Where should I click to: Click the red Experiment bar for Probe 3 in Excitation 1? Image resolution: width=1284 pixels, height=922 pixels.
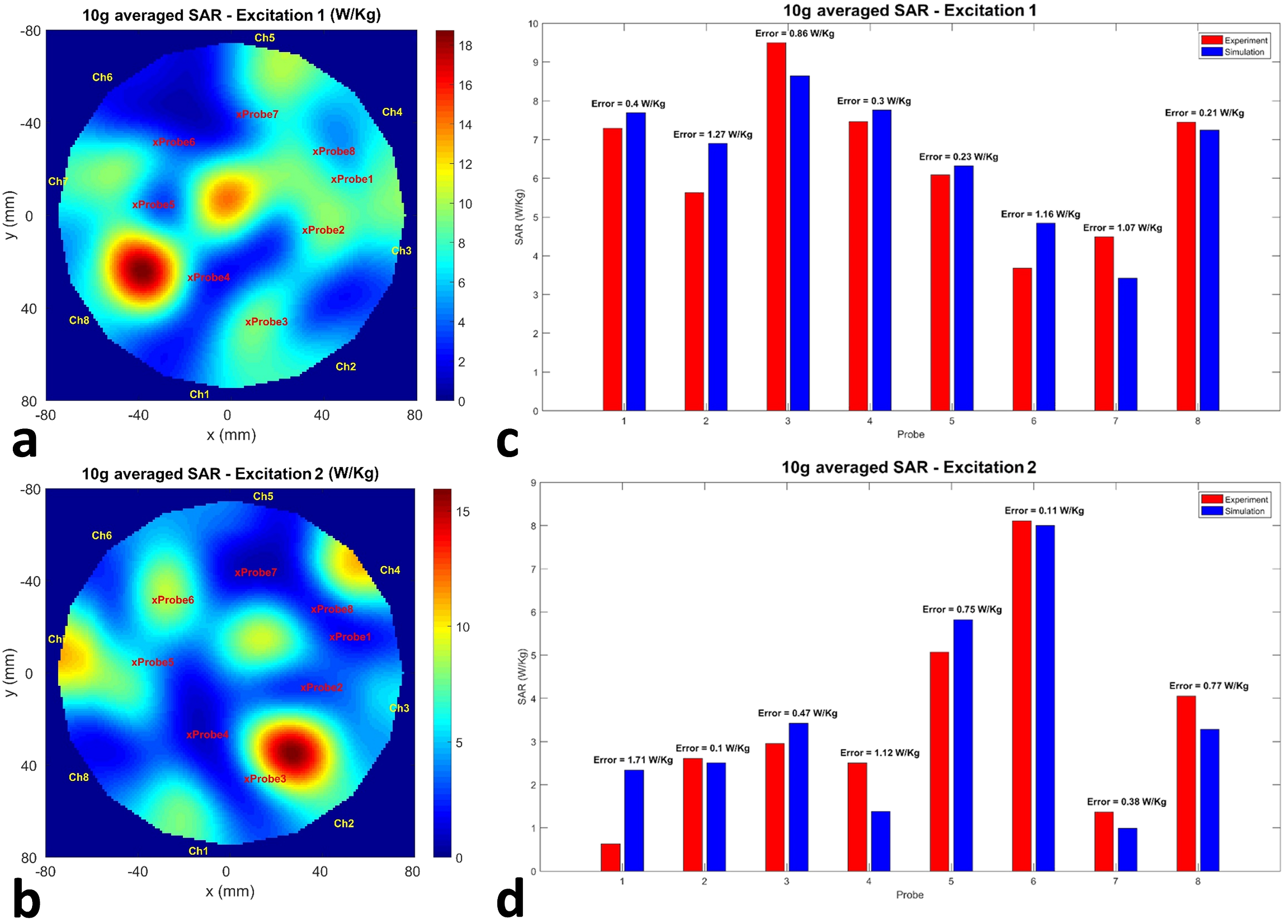point(776,227)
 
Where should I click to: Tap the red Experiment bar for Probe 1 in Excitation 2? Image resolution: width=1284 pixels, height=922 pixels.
point(610,857)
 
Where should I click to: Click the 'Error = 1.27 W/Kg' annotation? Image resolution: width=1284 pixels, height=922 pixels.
point(712,134)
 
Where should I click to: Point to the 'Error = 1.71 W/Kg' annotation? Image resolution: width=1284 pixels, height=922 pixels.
point(633,760)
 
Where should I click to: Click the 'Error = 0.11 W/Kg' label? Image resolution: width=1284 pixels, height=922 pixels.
point(1044,510)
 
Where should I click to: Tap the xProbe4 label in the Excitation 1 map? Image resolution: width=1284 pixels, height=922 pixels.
point(208,277)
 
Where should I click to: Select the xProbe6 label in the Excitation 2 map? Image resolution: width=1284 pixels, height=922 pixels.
point(173,600)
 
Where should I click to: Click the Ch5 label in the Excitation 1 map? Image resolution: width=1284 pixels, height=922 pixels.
point(264,38)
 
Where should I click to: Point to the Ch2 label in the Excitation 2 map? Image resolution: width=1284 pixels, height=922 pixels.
point(344,823)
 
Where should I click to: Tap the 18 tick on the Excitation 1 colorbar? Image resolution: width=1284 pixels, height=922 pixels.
point(465,46)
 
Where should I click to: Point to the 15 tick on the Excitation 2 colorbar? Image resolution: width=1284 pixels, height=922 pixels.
point(463,512)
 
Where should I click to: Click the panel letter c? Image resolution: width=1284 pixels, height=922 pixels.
point(507,441)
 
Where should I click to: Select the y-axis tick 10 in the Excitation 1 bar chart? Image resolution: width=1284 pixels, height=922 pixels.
point(533,24)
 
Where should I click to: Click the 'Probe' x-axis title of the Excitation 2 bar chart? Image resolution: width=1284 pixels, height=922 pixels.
point(909,895)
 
